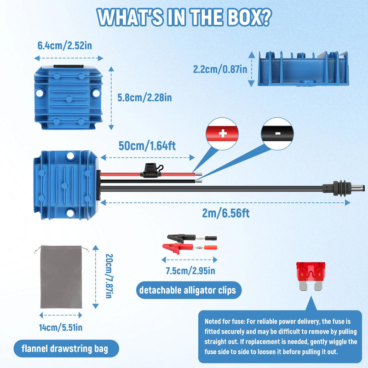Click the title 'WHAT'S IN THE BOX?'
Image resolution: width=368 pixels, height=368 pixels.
point(184,17)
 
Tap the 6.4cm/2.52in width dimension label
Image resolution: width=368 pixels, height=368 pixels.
point(65,46)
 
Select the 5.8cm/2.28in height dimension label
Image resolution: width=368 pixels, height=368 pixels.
point(144,98)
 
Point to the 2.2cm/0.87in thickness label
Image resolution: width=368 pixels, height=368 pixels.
point(220,69)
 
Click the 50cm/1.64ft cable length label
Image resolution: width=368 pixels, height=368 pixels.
point(147,146)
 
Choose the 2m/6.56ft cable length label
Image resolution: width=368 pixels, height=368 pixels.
point(226,213)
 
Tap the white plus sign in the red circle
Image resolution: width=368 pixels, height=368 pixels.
point(223,133)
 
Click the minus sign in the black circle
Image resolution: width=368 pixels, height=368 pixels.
point(278,133)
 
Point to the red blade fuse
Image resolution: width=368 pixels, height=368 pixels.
point(311,276)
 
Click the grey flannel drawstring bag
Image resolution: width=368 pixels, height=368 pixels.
point(61,277)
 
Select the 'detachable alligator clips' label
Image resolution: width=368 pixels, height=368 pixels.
point(188,290)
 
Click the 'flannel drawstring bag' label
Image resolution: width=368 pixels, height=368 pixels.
point(65,349)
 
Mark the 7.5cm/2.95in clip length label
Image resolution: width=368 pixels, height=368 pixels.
point(190,271)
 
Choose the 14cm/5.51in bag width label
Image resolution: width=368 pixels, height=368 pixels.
point(61,328)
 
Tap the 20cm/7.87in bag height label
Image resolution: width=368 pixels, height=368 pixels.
point(109,276)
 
